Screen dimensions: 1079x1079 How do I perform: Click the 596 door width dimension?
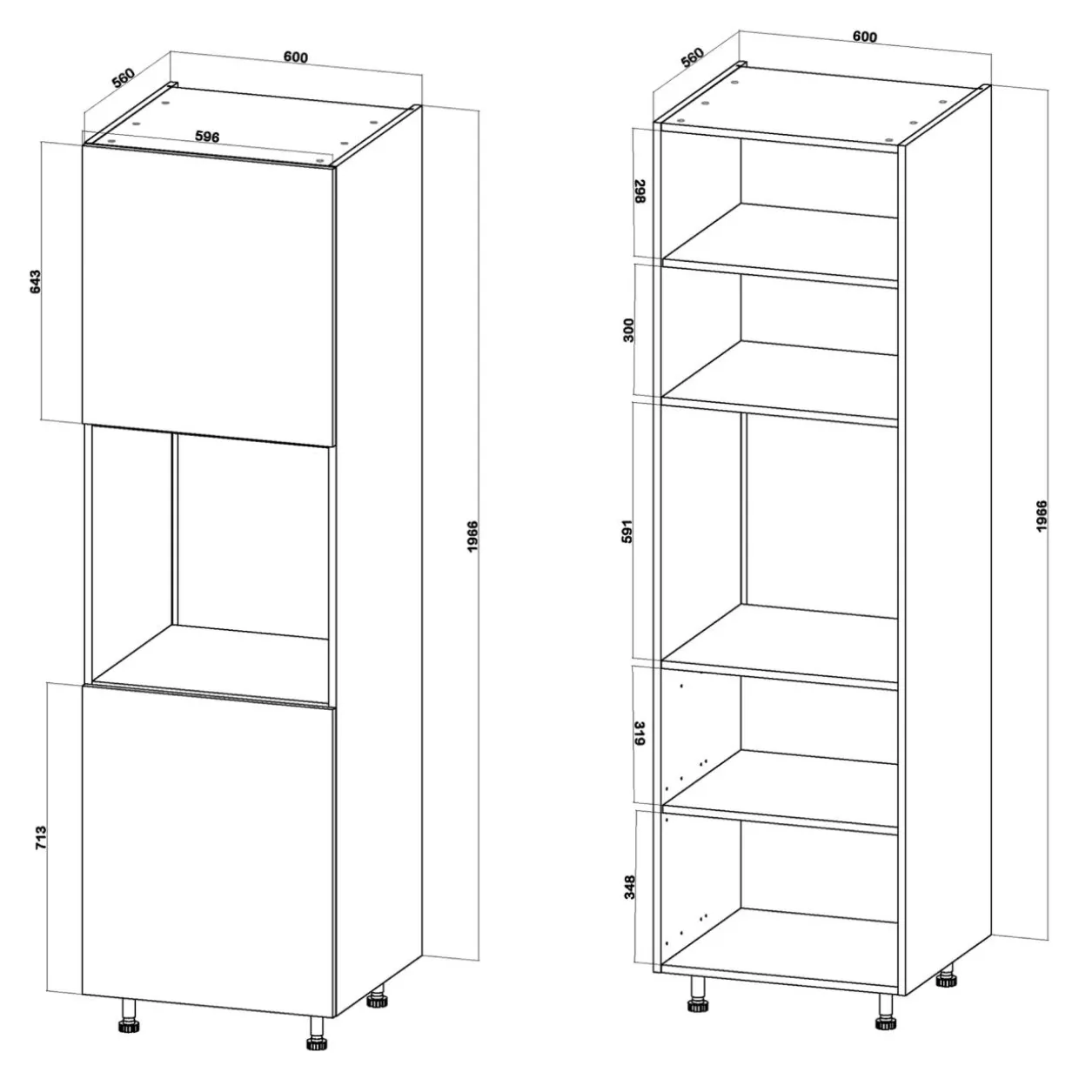(207, 136)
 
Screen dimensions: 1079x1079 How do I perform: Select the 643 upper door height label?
(36, 282)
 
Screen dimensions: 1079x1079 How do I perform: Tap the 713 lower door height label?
(41, 838)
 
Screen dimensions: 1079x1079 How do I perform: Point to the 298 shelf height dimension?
(640, 191)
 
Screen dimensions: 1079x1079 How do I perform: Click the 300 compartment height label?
(629, 330)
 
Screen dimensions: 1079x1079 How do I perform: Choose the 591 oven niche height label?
(627, 531)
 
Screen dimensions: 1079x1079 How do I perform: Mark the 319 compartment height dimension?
(640, 734)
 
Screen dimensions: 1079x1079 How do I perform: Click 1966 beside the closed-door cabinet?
(473, 536)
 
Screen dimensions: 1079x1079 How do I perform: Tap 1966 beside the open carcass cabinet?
(1042, 516)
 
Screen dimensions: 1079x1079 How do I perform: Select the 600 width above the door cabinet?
(296, 57)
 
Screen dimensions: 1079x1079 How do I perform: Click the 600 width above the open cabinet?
(865, 37)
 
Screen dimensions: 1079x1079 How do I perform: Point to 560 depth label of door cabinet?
(124, 77)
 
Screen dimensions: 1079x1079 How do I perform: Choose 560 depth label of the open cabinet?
(692, 57)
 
